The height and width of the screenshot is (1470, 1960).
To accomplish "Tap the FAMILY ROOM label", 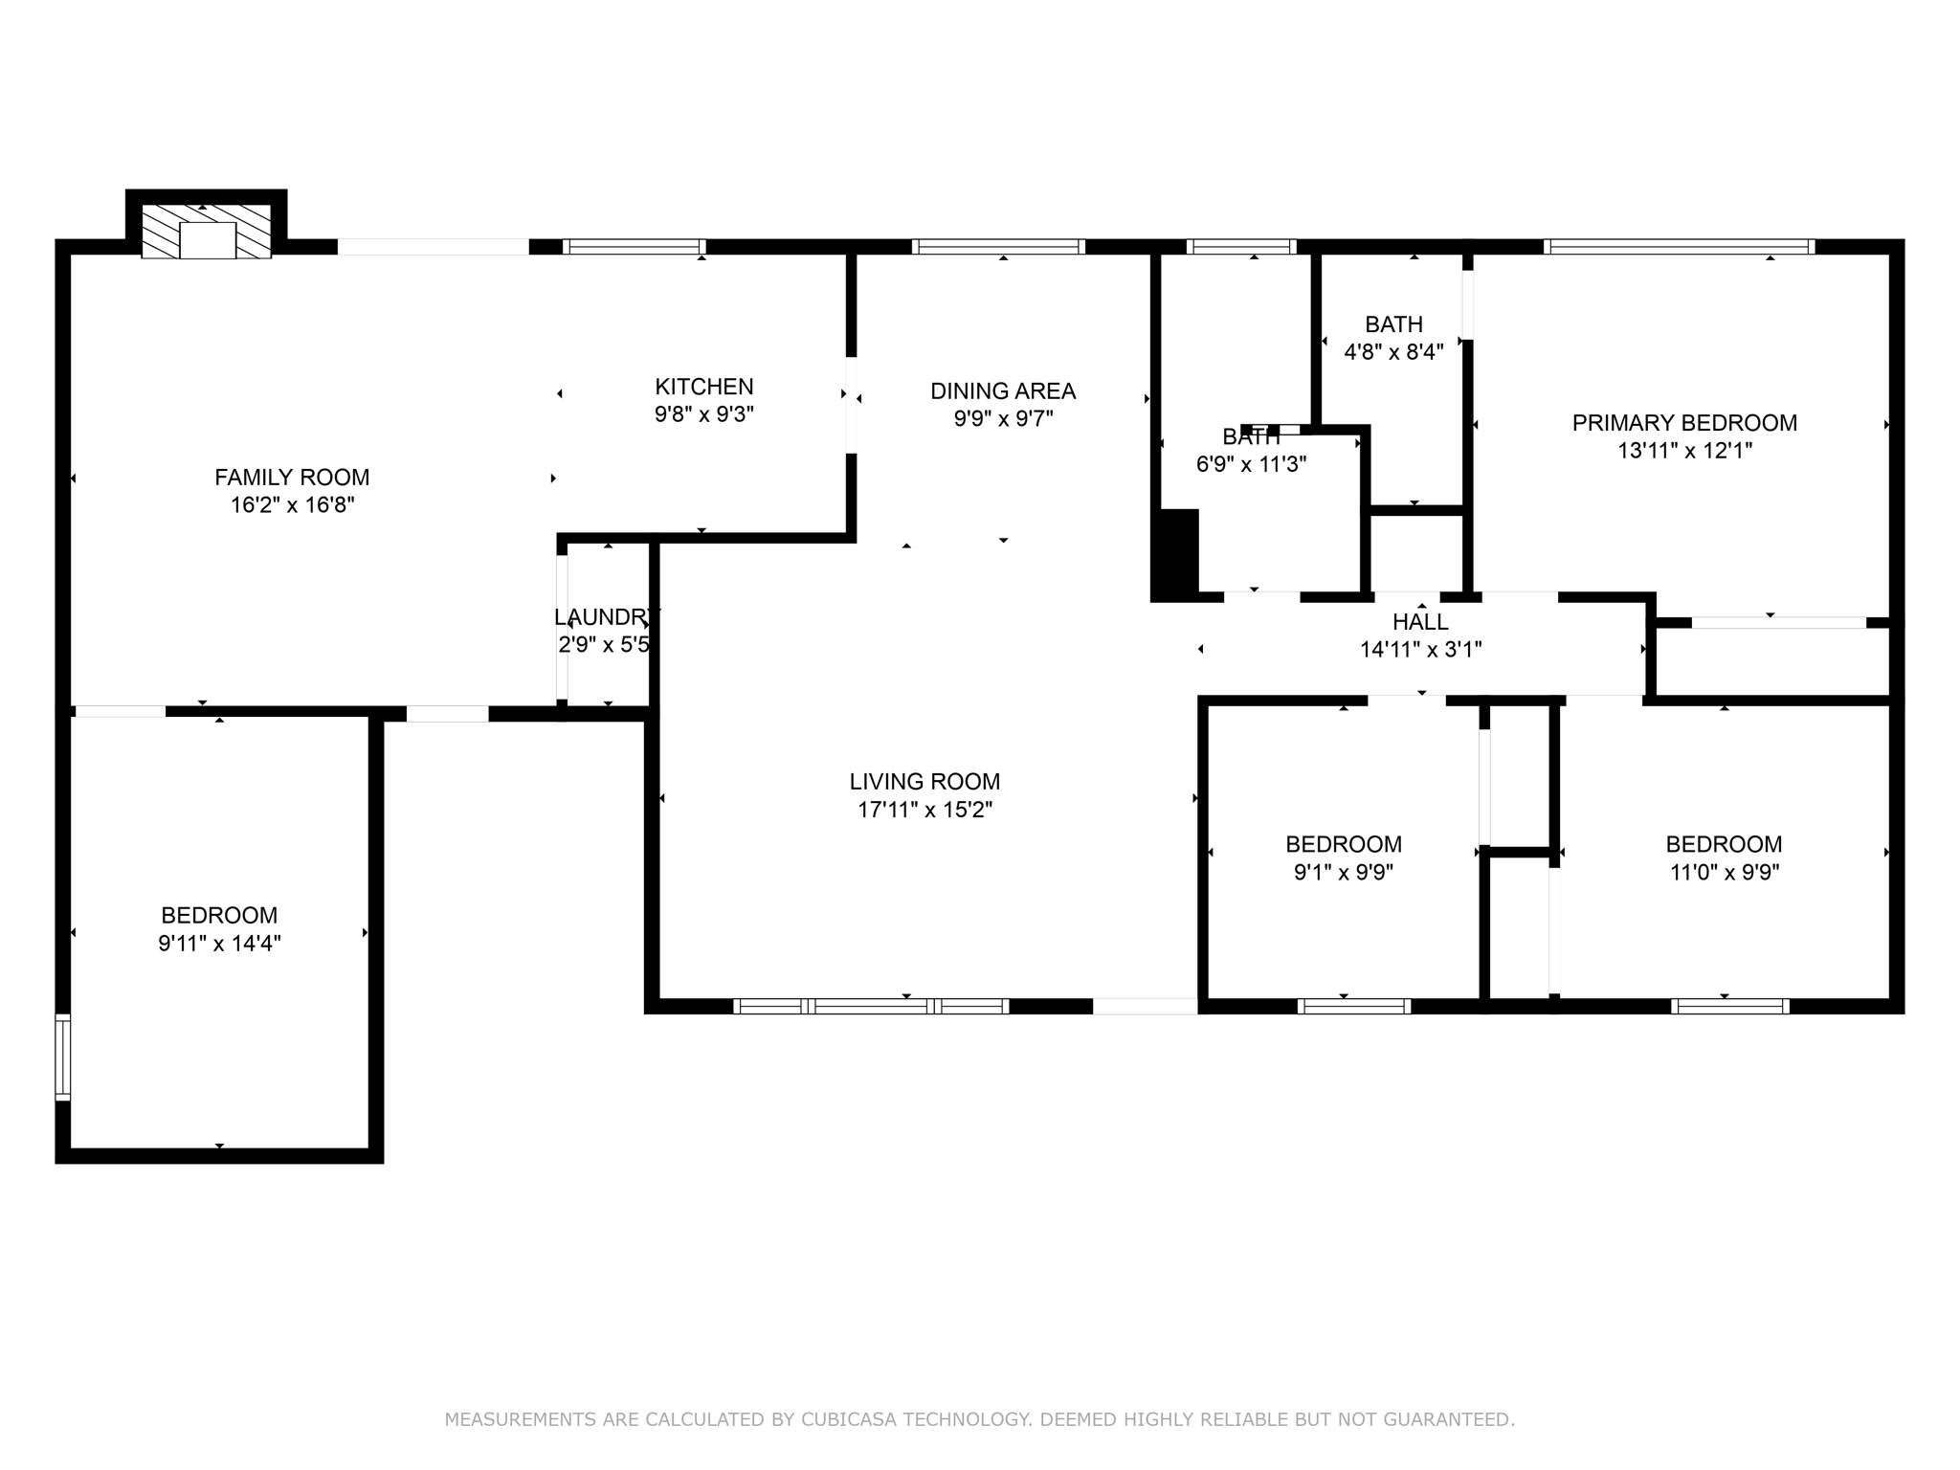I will point(292,477).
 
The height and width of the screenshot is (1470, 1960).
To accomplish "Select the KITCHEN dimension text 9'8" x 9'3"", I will point(704,414).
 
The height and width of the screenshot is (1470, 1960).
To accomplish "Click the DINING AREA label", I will point(1003,390).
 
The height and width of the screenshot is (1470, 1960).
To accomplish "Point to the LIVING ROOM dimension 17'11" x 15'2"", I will point(924,810).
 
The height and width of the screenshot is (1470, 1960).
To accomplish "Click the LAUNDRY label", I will point(607,616).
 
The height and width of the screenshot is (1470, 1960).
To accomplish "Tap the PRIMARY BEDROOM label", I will point(1684,422).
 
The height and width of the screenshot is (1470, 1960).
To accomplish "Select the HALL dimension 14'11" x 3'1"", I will point(1420,650).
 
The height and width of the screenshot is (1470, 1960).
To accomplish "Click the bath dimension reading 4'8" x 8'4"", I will point(1393,352).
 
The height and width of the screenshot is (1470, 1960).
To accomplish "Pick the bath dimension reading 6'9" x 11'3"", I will point(1251,465).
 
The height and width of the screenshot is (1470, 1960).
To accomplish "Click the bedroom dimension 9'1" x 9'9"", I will point(1343,872).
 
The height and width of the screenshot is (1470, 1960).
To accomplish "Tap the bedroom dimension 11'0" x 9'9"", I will point(1724,872).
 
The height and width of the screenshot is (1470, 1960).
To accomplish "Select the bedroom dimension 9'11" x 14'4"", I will point(219,944).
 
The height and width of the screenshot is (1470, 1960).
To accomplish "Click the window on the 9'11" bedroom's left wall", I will point(63,1057).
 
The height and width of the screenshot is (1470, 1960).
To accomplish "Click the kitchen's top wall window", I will point(634,247).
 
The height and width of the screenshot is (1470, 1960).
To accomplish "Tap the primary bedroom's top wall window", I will point(1680,247).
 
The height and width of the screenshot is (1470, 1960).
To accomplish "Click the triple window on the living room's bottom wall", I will point(871,1006).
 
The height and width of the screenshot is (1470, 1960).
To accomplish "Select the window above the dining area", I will point(998,247).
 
